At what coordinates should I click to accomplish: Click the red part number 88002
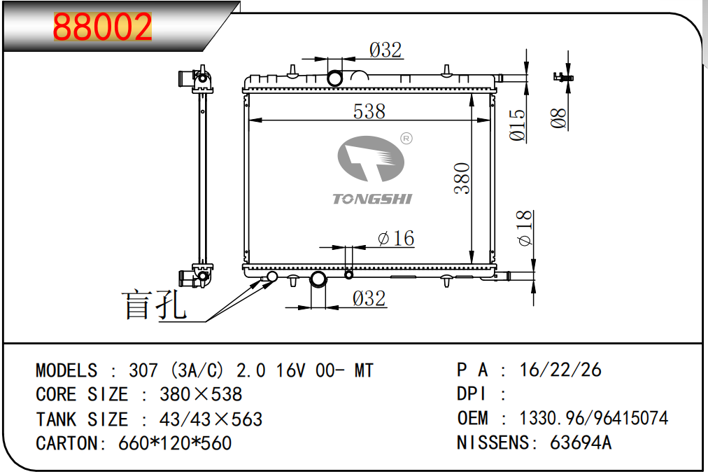point(103,27)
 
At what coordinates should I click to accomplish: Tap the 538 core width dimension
point(369,111)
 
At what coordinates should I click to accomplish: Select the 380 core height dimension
point(462,178)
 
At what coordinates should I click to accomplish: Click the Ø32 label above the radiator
point(385,50)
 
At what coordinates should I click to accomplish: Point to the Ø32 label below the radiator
point(369,299)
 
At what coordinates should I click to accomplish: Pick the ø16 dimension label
point(396,238)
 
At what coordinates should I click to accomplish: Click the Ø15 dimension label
point(518,125)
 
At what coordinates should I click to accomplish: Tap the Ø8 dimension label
point(558,118)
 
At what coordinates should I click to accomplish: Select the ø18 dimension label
point(525,228)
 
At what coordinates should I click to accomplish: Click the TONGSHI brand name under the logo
point(372,199)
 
